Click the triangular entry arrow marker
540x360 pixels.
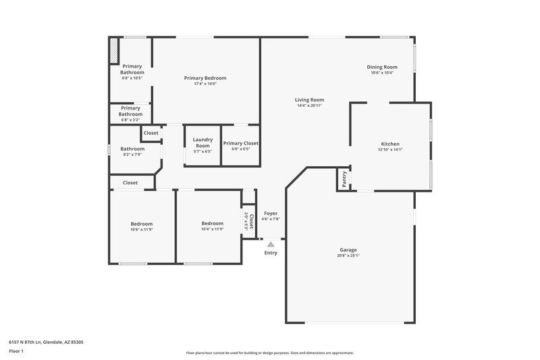tap(271, 245)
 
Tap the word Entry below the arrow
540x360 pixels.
tap(271, 253)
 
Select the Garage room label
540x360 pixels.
tap(348, 250)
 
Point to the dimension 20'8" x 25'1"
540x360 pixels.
tap(348, 256)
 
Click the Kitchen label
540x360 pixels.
tap(390, 144)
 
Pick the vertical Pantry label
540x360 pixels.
tap(344, 179)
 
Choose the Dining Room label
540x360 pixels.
tap(382, 67)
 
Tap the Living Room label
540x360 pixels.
tap(309, 100)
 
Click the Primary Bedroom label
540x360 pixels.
tap(205, 78)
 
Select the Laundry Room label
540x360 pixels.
tap(202, 143)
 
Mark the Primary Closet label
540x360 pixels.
tap(241, 143)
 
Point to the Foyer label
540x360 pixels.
tap(271, 213)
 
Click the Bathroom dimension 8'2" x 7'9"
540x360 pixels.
tap(132, 155)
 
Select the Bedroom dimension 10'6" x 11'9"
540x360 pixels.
tap(142, 230)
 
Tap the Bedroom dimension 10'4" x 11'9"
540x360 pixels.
tap(212, 229)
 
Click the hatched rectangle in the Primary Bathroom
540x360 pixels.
tap(114, 51)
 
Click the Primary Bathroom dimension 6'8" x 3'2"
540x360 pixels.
tap(131, 120)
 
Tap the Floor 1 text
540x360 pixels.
tap(16, 352)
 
